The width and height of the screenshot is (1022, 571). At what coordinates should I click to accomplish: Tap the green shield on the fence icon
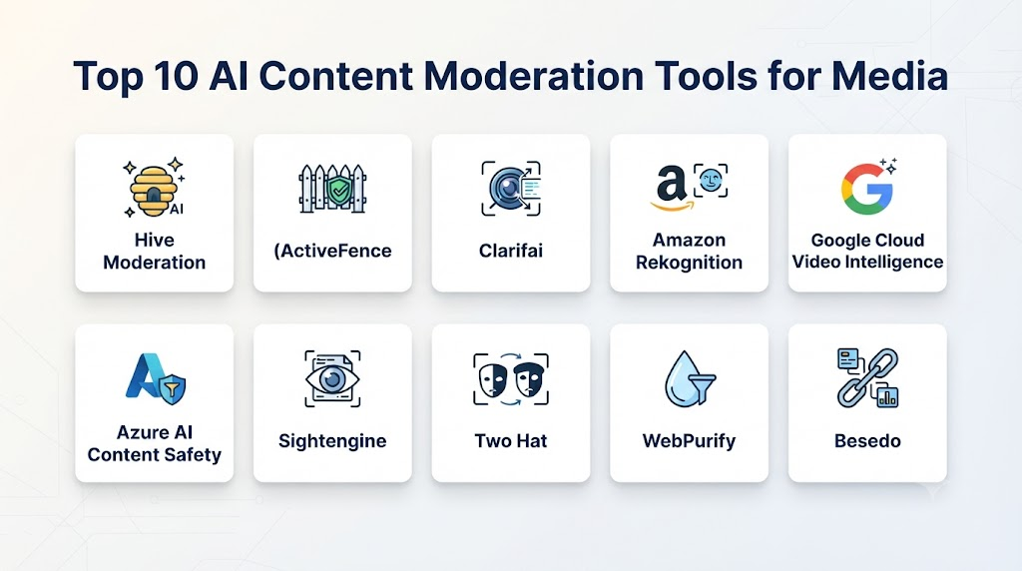point(339,192)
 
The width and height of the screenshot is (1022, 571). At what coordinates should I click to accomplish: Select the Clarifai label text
point(511,251)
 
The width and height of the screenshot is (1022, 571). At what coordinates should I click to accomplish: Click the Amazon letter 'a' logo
point(672,187)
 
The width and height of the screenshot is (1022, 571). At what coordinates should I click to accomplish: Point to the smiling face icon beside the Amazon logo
point(711,181)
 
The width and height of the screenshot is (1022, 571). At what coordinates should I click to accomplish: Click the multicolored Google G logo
point(867,189)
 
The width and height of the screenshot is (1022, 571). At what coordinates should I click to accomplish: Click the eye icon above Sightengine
point(332,378)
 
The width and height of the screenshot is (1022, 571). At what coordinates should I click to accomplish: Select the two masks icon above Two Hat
point(511,379)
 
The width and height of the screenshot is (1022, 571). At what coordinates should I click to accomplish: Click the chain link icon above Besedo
point(867,378)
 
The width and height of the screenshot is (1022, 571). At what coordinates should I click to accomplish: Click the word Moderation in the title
point(534,76)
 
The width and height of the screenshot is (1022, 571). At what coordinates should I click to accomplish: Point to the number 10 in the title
point(177,76)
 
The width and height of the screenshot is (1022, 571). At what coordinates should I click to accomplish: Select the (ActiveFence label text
point(332,251)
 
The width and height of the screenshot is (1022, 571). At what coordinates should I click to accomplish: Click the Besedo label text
point(867,441)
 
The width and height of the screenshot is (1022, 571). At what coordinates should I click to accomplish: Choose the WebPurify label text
point(689,441)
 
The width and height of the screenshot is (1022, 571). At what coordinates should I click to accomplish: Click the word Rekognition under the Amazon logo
point(689,263)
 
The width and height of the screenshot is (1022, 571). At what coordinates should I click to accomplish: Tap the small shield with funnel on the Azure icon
point(172,389)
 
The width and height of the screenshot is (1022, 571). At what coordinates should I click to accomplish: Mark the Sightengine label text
point(332,441)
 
